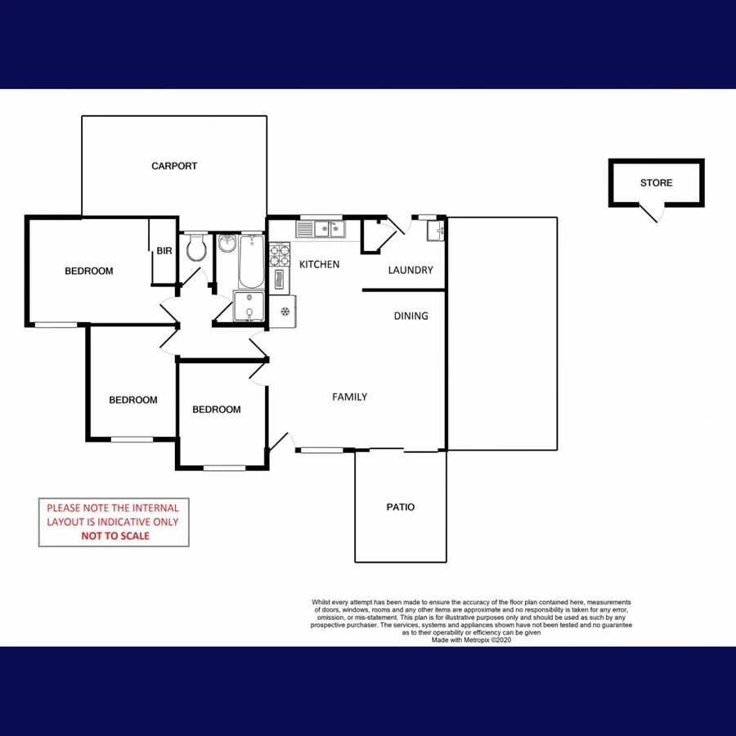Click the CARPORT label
[x=174, y=166]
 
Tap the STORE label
[x=656, y=183]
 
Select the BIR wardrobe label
[x=164, y=251]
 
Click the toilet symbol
[x=195, y=249]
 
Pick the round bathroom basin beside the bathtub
[x=227, y=244]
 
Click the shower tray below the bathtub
[x=249, y=307]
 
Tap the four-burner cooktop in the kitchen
[x=279, y=255]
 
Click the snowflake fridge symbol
[x=285, y=311]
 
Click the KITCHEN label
[x=319, y=264]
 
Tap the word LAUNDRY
[x=411, y=271]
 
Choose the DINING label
[x=411, y=316]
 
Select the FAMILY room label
[x=349, y=397]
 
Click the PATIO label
[x=401, y=507]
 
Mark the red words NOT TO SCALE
[x=114, y=536]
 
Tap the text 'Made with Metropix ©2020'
[x=471, y=640]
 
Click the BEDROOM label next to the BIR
[x=88, y=271]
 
